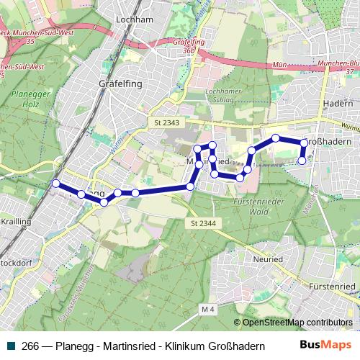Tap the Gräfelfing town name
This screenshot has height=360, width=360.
tap(120, 84)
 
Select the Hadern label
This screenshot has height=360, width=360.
tap(339, 104)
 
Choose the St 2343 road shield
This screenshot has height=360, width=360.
tap(166, 124)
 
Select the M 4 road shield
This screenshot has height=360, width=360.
tap(208, 310)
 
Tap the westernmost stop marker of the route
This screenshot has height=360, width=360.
tap(56, 184)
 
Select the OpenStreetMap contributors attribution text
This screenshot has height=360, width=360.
tap(297, 323)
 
